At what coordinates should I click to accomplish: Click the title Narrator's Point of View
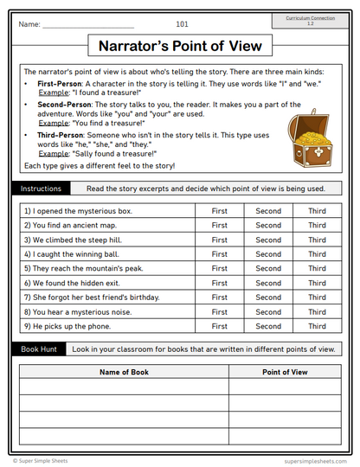coord(181,46)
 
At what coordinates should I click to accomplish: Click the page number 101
coord(182,24)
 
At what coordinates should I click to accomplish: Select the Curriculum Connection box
coord(312,20)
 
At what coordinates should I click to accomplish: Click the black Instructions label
coord(42,189)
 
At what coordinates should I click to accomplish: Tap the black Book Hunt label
coord(39,349)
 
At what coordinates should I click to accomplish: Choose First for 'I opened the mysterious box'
coord(220,211)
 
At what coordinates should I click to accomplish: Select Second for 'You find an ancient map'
coord(268,226)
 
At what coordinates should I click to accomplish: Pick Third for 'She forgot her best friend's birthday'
coord(317,297)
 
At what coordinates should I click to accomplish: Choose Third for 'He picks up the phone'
coord(317,327)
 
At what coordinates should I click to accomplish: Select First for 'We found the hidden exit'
coord(220,284)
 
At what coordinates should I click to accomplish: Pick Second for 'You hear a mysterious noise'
coord(268,312)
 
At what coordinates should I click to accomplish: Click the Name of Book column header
coord(125,372)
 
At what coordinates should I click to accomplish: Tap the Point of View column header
coord(285,372)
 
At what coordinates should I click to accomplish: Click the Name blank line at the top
coord(88,25)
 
